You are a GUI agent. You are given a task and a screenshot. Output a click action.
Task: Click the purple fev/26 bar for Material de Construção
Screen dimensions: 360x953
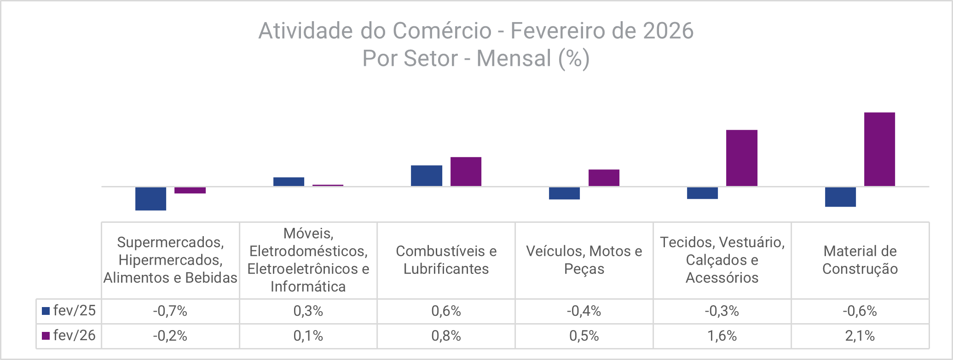879,149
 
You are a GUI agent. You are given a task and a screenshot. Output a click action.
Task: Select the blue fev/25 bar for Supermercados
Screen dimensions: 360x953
150,198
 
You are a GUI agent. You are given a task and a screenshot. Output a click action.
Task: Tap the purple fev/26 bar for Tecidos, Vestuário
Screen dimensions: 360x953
741,158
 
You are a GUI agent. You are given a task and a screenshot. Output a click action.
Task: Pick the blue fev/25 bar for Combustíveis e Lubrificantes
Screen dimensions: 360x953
427,175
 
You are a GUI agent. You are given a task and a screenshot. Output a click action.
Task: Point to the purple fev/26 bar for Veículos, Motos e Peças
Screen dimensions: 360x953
604,178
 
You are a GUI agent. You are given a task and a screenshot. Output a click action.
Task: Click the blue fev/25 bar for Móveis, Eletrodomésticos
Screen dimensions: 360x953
289,181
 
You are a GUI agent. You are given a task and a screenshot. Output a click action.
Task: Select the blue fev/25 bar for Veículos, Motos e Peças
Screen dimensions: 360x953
564,193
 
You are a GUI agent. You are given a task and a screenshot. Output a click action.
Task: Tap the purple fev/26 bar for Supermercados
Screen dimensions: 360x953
190,190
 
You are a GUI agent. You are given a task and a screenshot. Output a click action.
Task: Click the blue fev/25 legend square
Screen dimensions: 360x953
46,311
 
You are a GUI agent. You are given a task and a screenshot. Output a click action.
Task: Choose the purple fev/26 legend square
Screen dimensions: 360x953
46,336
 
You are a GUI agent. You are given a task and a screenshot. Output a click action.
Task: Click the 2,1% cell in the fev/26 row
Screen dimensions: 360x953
860,336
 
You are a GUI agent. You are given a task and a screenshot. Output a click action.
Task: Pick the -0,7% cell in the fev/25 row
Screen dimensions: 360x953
170,311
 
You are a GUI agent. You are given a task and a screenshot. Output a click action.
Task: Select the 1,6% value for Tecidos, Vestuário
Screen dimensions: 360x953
722,336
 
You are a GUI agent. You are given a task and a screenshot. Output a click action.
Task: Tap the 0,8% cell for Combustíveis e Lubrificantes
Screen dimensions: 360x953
446,336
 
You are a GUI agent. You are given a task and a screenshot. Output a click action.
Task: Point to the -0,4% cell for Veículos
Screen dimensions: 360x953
583,311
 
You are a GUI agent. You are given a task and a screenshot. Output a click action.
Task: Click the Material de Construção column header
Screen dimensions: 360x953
860,260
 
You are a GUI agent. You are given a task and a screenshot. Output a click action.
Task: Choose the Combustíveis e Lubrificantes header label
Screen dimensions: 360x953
446,260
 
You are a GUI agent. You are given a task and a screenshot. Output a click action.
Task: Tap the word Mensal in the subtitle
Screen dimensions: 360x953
514,58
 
